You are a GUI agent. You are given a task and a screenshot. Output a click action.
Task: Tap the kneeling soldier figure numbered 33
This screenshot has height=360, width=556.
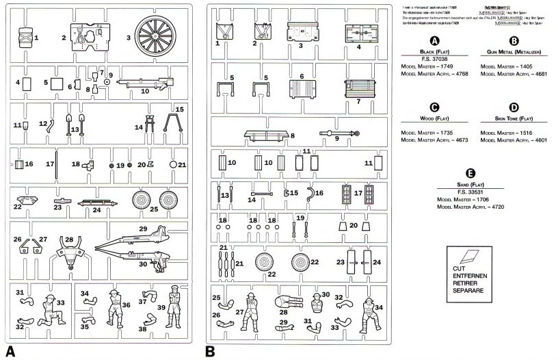coord(49,309)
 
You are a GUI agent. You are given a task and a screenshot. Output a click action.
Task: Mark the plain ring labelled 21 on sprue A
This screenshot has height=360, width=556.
coord(173,164)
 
